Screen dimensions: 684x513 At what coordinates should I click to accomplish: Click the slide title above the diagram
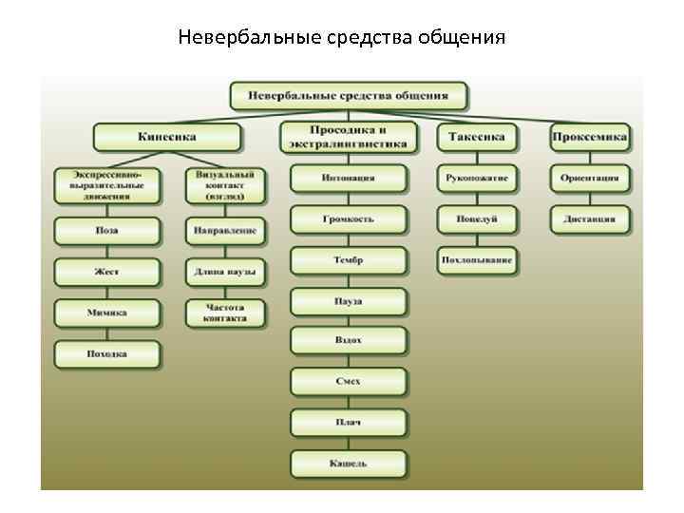tap(341, 38)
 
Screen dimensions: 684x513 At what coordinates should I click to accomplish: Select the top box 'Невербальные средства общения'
tap(349, 96)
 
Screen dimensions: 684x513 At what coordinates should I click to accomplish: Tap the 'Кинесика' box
tap(166, 137)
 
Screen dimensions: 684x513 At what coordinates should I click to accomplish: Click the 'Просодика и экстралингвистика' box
tap(348, 137)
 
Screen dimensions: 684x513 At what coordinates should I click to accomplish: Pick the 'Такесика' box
tap(477, 137)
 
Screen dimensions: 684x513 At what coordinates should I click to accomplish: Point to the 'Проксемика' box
tap(590, 137)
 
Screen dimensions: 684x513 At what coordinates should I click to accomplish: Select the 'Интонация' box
tap(348, 178)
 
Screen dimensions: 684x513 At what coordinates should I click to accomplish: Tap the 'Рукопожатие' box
tap(477, 178)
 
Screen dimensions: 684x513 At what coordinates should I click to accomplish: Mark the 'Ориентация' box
tap(590, 178)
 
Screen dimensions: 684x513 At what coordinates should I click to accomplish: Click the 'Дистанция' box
tap(590, 219)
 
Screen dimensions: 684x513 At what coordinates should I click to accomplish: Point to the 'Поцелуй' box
tap(477, 219)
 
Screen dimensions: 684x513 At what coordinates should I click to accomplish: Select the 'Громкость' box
tap(348, 219)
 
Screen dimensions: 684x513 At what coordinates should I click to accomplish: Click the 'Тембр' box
tap(348, 260)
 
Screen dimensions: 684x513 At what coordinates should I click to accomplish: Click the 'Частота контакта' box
tap(225, 313)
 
